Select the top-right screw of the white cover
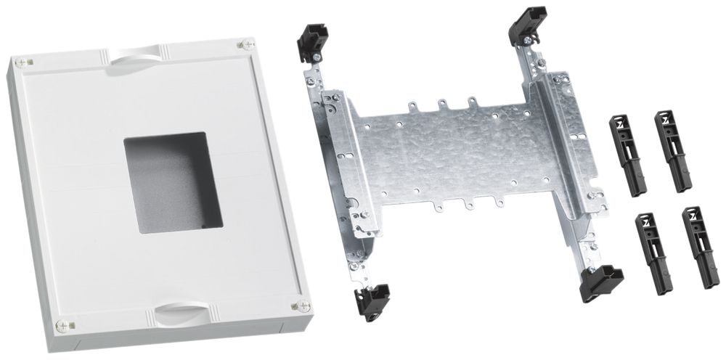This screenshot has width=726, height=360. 240,44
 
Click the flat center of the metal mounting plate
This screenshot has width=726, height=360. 450,156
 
